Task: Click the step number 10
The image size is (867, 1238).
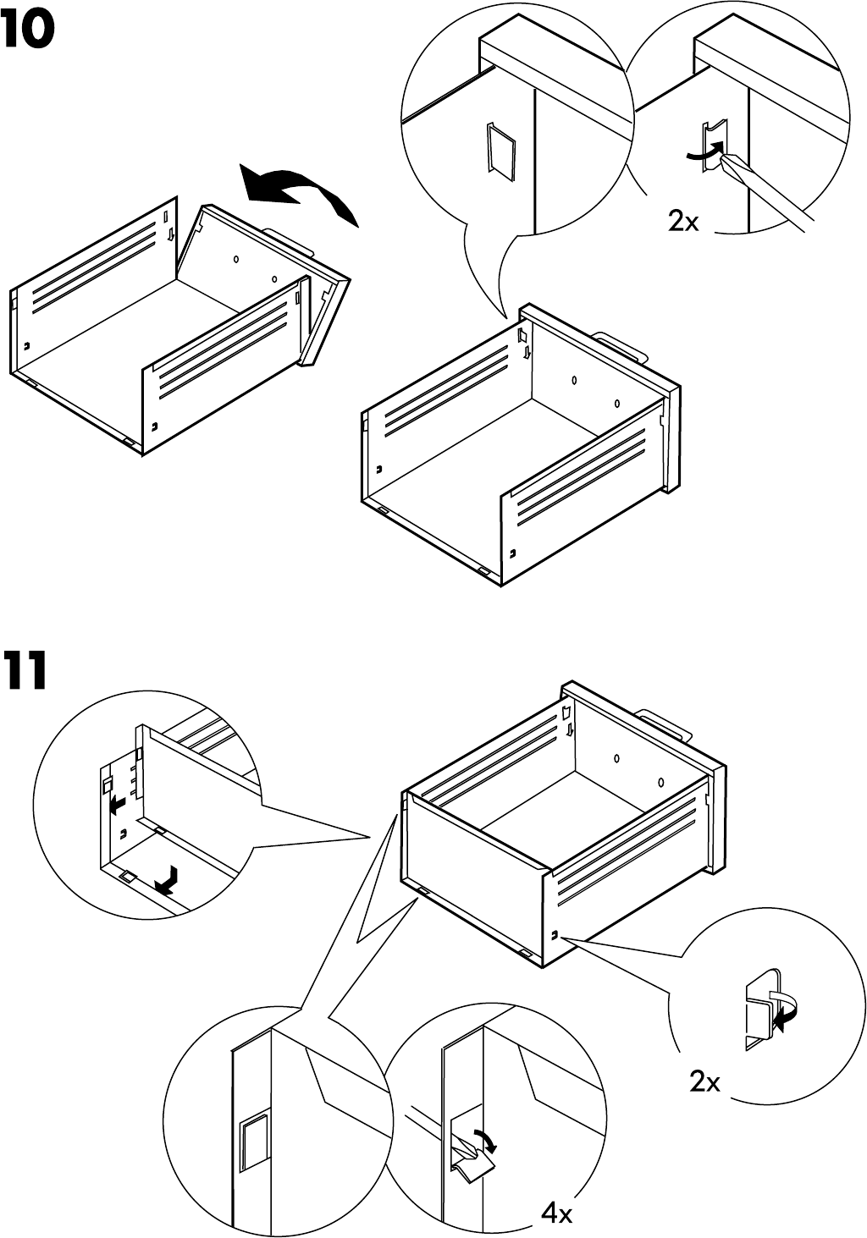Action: (x=28, y=32)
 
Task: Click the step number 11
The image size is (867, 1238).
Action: (x=24, y=672)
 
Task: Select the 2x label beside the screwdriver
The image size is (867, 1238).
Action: (x=683, y=222)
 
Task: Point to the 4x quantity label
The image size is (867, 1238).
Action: (x=557, y=1214)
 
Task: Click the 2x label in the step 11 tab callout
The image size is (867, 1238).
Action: (x=704, y=1081)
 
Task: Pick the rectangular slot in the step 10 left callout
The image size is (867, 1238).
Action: (x=500, y=152)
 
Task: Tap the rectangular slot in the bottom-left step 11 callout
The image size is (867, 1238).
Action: (x=253, y=1142)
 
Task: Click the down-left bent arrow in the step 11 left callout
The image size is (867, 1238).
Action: (x=168, y=880)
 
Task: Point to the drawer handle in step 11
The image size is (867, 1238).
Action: (x=665, y=723)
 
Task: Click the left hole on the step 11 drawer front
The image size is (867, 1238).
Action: (x=617, y=759)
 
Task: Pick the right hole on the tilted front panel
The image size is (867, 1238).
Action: (x=274, y=278)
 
